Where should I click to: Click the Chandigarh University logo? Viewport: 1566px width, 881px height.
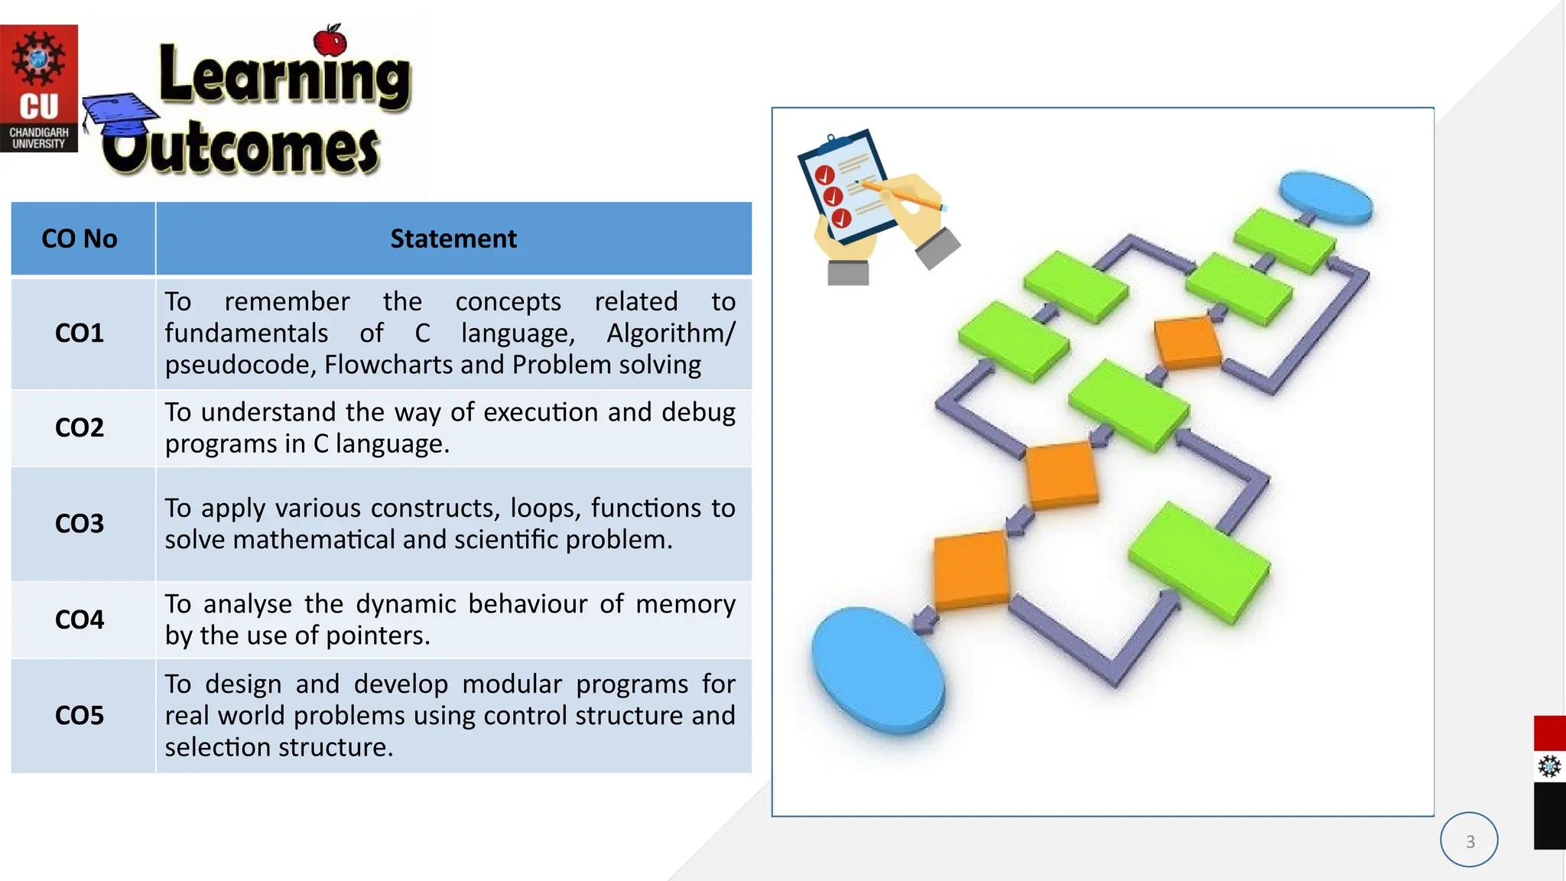pos(38,88)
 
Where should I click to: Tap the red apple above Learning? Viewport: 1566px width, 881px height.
pos(330,41)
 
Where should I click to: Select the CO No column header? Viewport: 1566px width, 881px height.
pos(80,239)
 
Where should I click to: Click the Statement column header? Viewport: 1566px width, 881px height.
pos(453,239)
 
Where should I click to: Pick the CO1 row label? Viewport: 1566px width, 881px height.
pos(80,333)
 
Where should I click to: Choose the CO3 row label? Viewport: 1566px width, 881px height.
pos(80,524)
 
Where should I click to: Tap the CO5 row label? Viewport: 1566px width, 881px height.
pos(80,716)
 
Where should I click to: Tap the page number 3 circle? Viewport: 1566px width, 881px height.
pos(1469,840)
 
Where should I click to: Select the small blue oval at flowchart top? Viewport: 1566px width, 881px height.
pos(1325,197)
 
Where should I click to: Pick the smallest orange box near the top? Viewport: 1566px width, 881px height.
pos(1187,343)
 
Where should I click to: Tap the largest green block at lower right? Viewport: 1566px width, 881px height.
pos(1198,562)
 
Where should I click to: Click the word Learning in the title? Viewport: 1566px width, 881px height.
pos(284,76)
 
